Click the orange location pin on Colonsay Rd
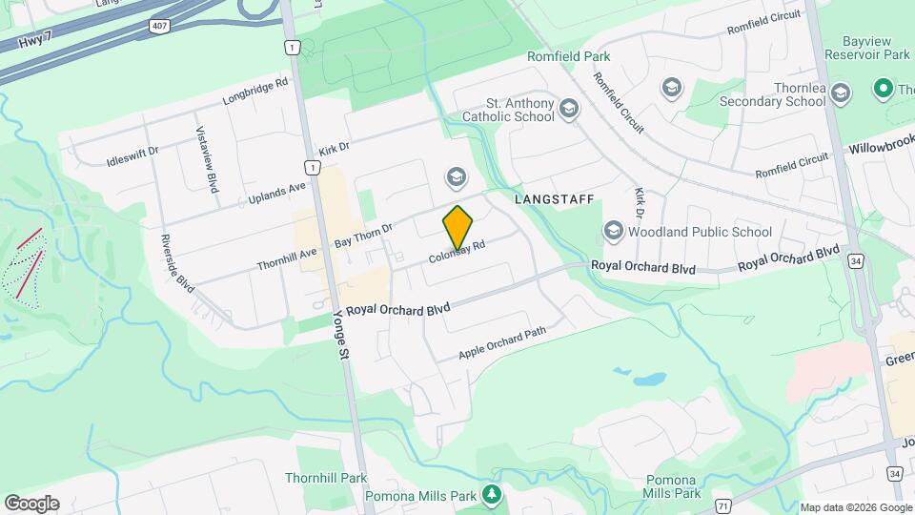coord(458,227)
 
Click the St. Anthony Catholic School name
coord(507,110)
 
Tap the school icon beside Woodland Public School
coord(613,231)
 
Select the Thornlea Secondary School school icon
coord(840,93)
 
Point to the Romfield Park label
coord(569,56)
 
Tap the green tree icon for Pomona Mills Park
coord(492,494)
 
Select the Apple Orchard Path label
coord(502,343)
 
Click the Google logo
coord(31,503)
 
